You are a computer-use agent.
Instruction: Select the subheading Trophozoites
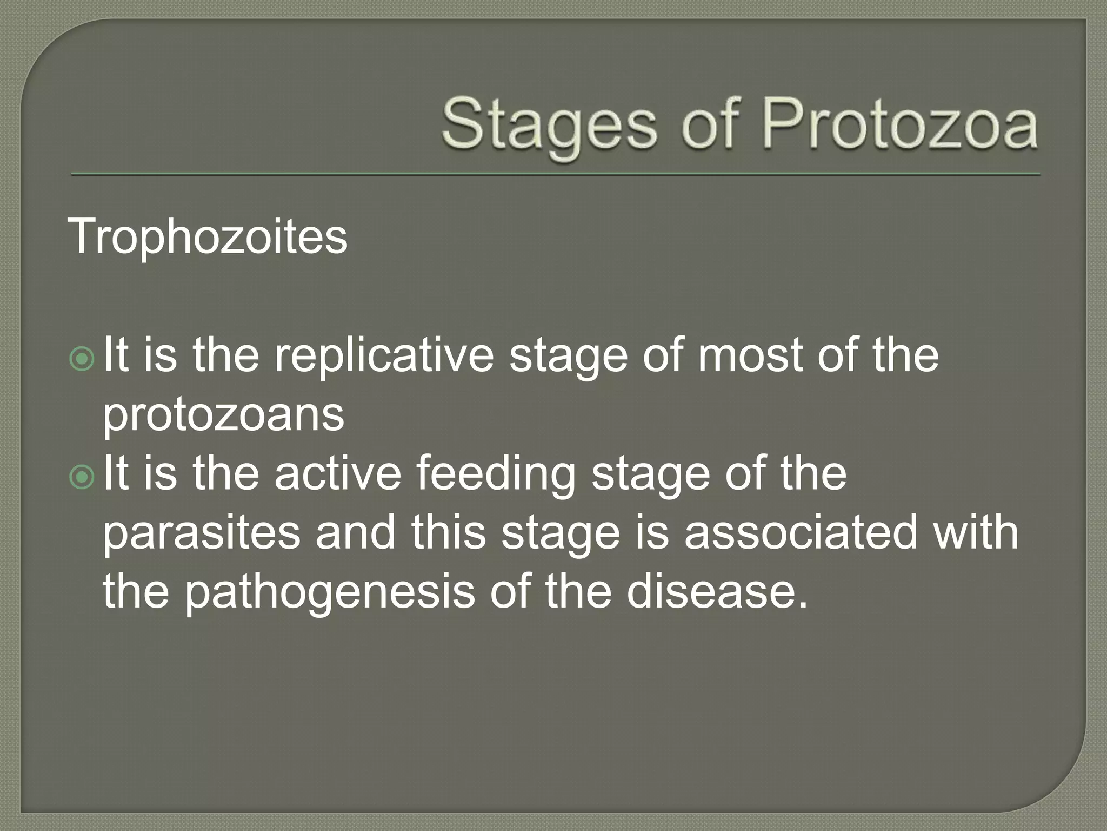click(207, 238)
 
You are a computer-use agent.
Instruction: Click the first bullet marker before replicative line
click(82, 359)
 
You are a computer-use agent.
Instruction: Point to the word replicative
click(384, 357)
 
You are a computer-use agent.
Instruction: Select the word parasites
click(201, 532)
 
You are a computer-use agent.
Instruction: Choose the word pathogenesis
click(330, 592)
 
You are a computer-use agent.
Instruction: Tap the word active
click(337, 475)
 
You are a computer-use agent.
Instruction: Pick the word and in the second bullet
click(355, 532)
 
